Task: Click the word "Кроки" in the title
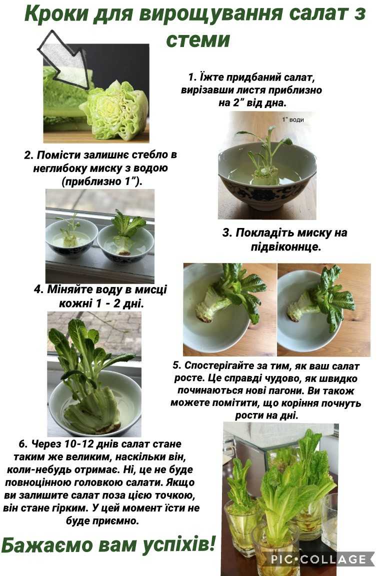56,13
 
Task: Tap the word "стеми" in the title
198,39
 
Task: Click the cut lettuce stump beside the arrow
114,110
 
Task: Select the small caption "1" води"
293,120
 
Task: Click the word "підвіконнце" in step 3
285,247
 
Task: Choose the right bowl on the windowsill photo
125,243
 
